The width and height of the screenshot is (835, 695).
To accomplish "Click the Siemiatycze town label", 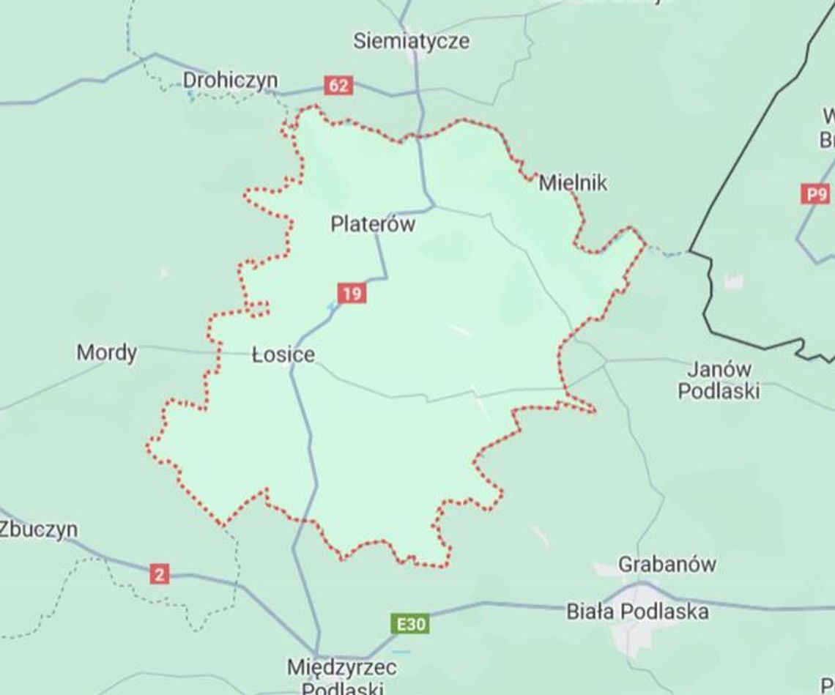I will point(411,41).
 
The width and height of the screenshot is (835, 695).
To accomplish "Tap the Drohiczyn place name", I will point(230,80).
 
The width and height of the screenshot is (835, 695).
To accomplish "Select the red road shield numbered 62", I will point(338,86).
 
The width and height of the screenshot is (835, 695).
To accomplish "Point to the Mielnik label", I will point(573,182).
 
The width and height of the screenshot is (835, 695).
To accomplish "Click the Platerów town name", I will point(373,224).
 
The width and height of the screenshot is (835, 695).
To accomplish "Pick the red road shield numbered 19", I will point(352,294).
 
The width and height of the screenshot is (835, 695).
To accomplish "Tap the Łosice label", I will point(283,355).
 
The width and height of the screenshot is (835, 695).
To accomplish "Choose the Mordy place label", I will point(106,353).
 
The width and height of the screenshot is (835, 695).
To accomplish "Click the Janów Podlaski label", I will point(718,379).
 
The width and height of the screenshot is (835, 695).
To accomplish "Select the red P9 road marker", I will point(816,195).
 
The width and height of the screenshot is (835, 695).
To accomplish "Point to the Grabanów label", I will point(667,565).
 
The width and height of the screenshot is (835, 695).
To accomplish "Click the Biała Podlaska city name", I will point(637,612).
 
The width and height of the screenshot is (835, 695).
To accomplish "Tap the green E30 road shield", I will point(409,625).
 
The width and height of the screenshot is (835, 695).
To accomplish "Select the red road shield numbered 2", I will point(159,574).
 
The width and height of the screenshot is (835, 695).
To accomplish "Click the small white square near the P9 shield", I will point(733,281).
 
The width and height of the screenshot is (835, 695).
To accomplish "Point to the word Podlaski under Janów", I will point(718,391).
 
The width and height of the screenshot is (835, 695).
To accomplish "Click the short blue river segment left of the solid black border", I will point(667,253).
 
